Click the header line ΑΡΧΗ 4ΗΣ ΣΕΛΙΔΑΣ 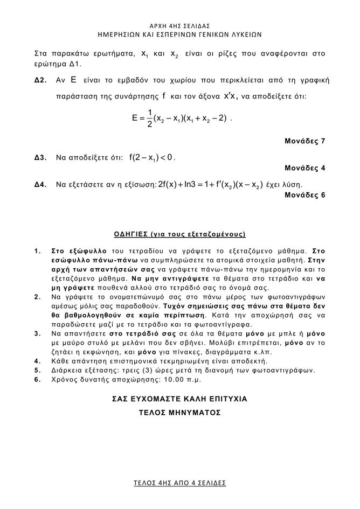click(x=180, y=25)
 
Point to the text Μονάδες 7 click(x=304, y=142)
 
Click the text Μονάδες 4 click(x=304, y=168)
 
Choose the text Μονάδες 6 click(x=304, y=195)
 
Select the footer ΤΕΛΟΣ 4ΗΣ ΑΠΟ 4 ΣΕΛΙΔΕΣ click(x=180, y=483)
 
